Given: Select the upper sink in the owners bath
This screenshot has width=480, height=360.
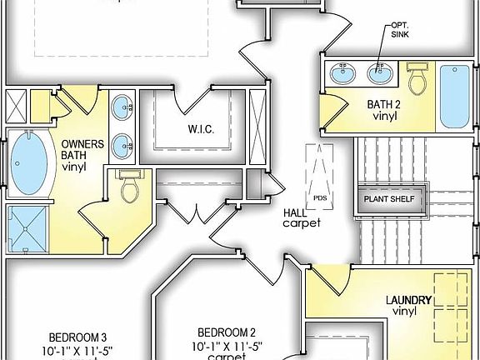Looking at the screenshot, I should click(x=123, y=107).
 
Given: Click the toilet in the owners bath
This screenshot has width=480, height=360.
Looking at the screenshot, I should click(x=127, y=188).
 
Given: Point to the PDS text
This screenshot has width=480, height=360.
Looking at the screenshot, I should click(x=320, y=198).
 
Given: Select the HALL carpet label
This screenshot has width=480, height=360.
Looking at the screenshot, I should click(x=301, y=217).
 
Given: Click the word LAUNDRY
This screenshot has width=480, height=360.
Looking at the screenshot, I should click(x=407, y=300).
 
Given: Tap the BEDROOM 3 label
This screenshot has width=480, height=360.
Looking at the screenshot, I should click(x=77, y=337).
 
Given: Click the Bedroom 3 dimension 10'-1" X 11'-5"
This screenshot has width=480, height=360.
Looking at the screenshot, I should click(x=77, y=350).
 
